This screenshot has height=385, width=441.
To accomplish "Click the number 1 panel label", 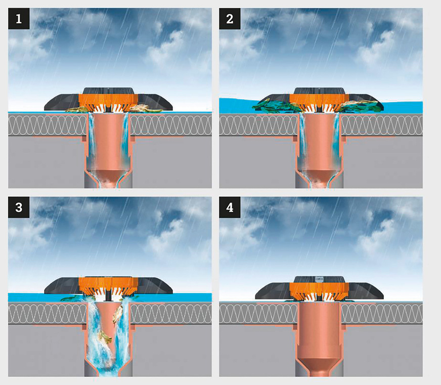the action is [19, 19].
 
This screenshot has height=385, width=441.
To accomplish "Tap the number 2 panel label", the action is [230, 19].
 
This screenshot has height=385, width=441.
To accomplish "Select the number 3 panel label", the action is [19, 207].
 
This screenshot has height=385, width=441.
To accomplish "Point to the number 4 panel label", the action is [230, 207].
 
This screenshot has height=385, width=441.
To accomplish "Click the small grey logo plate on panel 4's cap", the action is [319, 279].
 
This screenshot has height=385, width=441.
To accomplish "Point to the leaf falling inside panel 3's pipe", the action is [117, 314].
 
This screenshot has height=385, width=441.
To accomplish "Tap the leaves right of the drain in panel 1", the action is [146, 109].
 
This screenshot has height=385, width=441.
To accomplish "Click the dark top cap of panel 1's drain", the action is [108, 91].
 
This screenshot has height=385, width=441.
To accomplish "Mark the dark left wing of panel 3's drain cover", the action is [62, 286].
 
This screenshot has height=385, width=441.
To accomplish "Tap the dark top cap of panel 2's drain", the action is [319, 91].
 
